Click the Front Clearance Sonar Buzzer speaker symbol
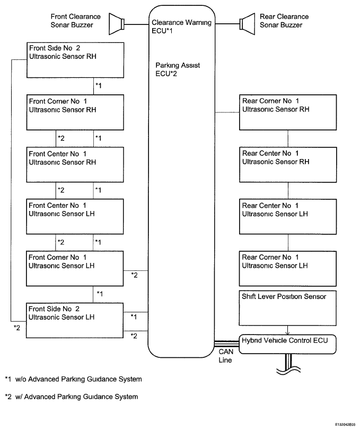117,24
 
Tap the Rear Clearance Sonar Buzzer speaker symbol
247,24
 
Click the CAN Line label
226,356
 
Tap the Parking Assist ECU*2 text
178,69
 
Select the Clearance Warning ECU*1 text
181,27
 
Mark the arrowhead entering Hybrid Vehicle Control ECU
287,333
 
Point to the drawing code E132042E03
345,425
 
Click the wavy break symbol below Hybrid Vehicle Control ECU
288,370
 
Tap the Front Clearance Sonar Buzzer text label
76,21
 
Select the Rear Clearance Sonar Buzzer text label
284,21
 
